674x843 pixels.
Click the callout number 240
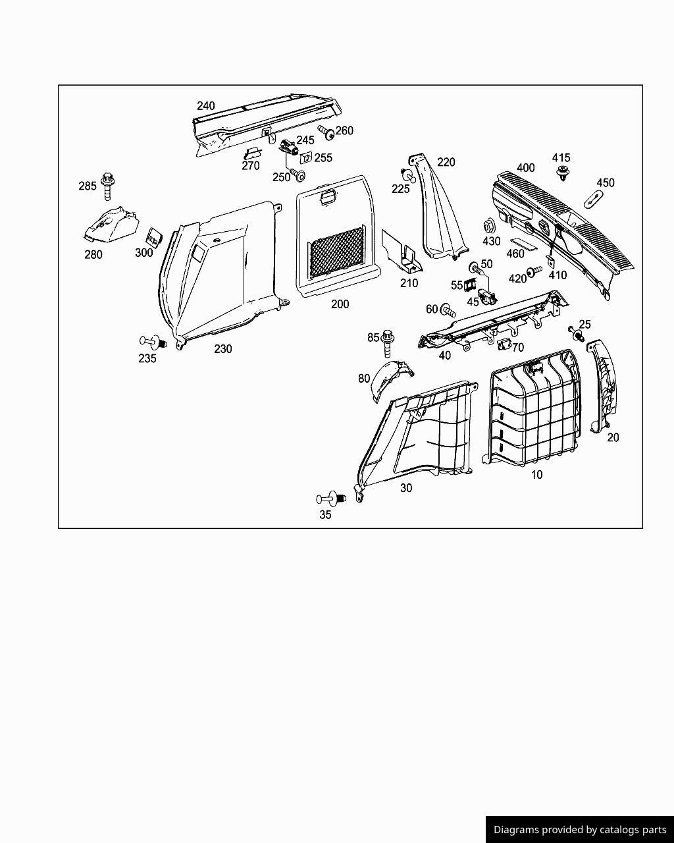click(x=206, y=105)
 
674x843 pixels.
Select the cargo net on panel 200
click(x=336, y=252)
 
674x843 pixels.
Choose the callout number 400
click(x=526, y=167)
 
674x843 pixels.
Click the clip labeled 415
click(x=562, y=173)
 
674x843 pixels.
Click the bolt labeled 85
click(x=388, y=342)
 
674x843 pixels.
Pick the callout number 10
click(x=537, y=474)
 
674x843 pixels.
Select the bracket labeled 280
click(x=111, y=225)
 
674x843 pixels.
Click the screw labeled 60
click(x=448, y=310)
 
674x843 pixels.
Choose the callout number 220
click(x=446, y=162)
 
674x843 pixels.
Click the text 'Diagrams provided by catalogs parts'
click(x=580, y=830)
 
